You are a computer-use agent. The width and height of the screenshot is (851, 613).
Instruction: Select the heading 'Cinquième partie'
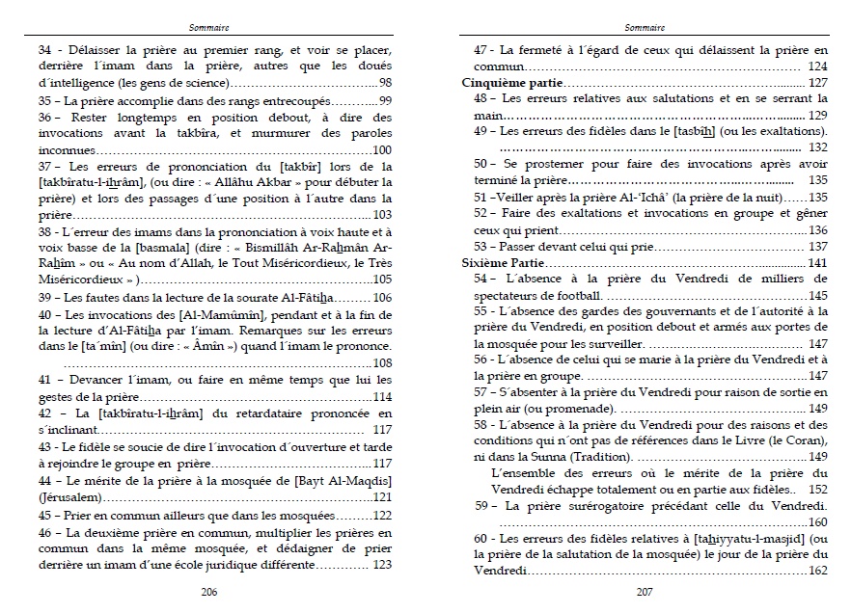(508, 83)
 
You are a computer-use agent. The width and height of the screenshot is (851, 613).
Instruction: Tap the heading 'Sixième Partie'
(501, 263)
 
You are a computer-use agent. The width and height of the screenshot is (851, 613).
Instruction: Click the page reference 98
(384, 83)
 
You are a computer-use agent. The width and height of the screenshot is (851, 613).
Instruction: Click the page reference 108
(382, 363)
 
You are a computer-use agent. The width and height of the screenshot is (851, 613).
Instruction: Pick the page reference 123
(382, 565)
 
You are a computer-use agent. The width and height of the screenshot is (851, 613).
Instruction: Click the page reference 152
(818, 490)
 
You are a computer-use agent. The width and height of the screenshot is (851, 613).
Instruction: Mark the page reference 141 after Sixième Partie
(818, 263)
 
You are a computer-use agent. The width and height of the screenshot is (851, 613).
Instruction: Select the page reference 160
(818, 522)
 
